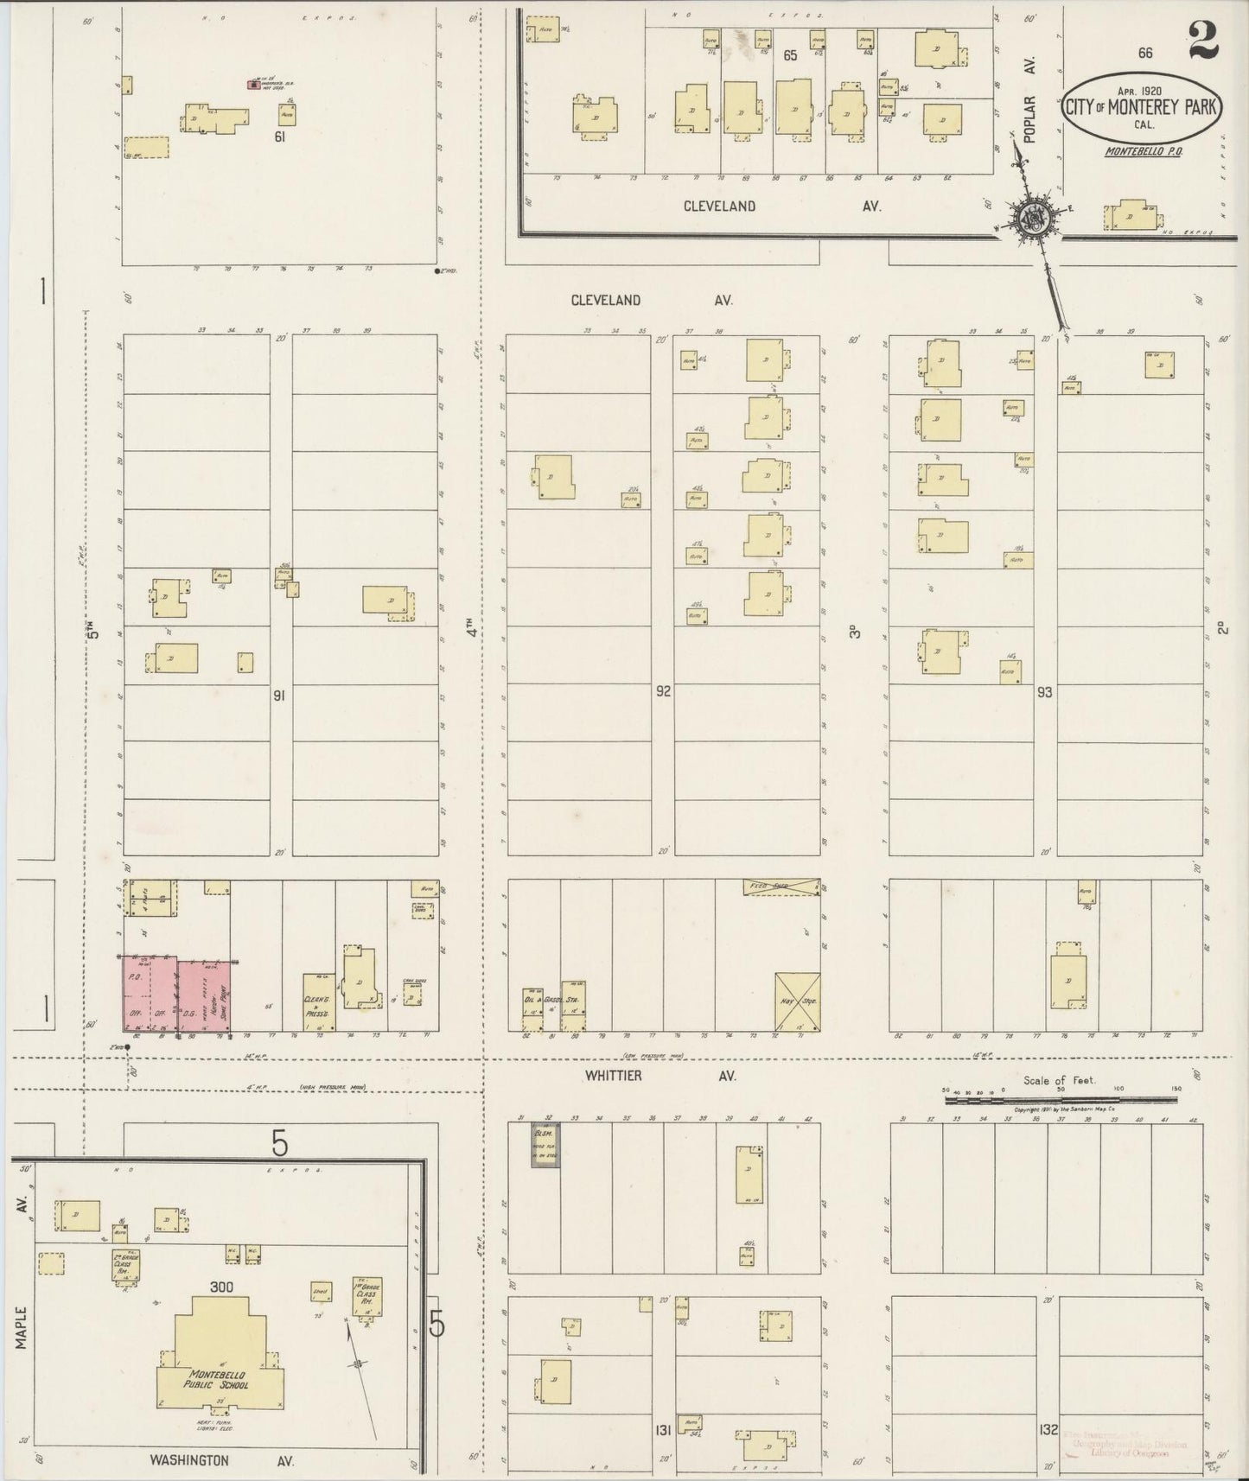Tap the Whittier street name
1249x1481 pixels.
pyautogui.click(x=613, y=1076)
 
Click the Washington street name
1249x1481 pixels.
pyautogui.click(x=189, y=1460)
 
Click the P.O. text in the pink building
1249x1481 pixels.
pyautogui.click(x=134, y=977)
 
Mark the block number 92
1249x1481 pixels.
pyautogui.click(x=662, y=691)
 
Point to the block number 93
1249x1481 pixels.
pyautogui.click(x=1044, y=692)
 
